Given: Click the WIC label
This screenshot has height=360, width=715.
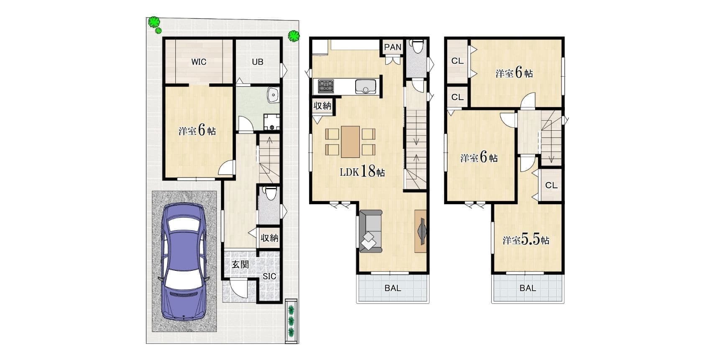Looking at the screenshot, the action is click(x=199, y=62).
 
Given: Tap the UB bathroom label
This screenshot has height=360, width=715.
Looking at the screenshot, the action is click(x=258, y=62).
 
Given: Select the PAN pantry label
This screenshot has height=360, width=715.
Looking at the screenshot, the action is click(x=392, y=47).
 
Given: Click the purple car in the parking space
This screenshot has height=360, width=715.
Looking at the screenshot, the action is click(x=184, y=261).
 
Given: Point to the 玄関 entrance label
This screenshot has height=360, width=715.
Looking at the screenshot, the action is click(x=240, y=265).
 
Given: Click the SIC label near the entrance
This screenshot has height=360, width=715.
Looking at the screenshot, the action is click(x=269, y=277).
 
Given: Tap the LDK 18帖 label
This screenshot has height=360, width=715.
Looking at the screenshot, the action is click(x=362, y=172).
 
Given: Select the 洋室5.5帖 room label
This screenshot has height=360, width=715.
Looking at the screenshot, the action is click(x=526, y=239).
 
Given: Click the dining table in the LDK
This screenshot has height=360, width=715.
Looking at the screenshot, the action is click(x=350, y=142).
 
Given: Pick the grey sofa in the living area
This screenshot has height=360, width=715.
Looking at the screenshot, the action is click(x=371, y=231).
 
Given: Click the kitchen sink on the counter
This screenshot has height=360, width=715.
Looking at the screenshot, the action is click(x=366, y=86).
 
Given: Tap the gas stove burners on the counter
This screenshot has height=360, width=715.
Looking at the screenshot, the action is click(x=326, y=87).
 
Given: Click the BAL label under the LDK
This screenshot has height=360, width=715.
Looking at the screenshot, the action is click(x=392, y=288).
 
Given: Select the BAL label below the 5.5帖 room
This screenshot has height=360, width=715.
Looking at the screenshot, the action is click(x=528, y=288).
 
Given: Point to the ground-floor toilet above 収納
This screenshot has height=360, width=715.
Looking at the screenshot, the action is click(x=270, y=193).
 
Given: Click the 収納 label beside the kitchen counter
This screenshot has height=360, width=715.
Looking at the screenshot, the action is click(x=323, y=106).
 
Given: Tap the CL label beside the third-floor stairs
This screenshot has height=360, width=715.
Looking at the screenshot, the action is click(x=551, y=185).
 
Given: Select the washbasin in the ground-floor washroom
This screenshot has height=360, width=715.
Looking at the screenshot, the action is click(x=273, y=95).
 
